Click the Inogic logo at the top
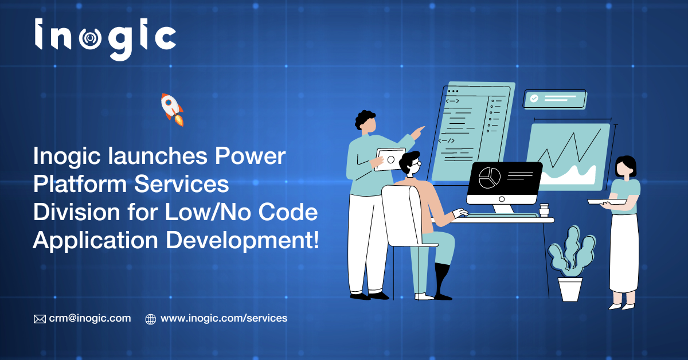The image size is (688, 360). pyautogui.click(x=105, y=40)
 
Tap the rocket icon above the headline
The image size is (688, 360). pyautogui.click(x=172, y=109)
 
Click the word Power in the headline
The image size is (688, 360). pyautogui.click(x=250, y=156)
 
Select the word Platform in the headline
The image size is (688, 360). pyautogui.click(x=80, y=184)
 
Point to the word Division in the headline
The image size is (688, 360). pyautogui.click(x=76, y=212)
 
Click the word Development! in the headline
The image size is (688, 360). pyautogui.click(x=243, y=241)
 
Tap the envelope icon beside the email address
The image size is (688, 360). pyautogui.click(x=40, y=319)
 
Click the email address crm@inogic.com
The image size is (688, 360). pyautogui.click(x=90, y=318)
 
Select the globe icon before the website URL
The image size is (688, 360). pyautogui.click(x=150, y=319)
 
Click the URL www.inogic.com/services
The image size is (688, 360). pyautogui.click(x=224, y=318)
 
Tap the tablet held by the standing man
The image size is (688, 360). pyautogui.click(x=390, y=159)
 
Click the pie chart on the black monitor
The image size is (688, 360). pyautogui.click(x=489, y=178)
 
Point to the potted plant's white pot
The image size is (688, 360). pyautogui.click(x=570, y=289)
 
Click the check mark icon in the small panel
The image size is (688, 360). pyautogui.click(x=534, y=98)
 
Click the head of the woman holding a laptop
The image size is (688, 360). pyautogui.click(x=625, y=168)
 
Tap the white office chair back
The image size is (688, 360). pyautogui.click(x=401, y=215)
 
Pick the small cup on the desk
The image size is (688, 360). pyautogui.click(x=544, y=210)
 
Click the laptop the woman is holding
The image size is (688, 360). pyautogui.click(x=607, y=202)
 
